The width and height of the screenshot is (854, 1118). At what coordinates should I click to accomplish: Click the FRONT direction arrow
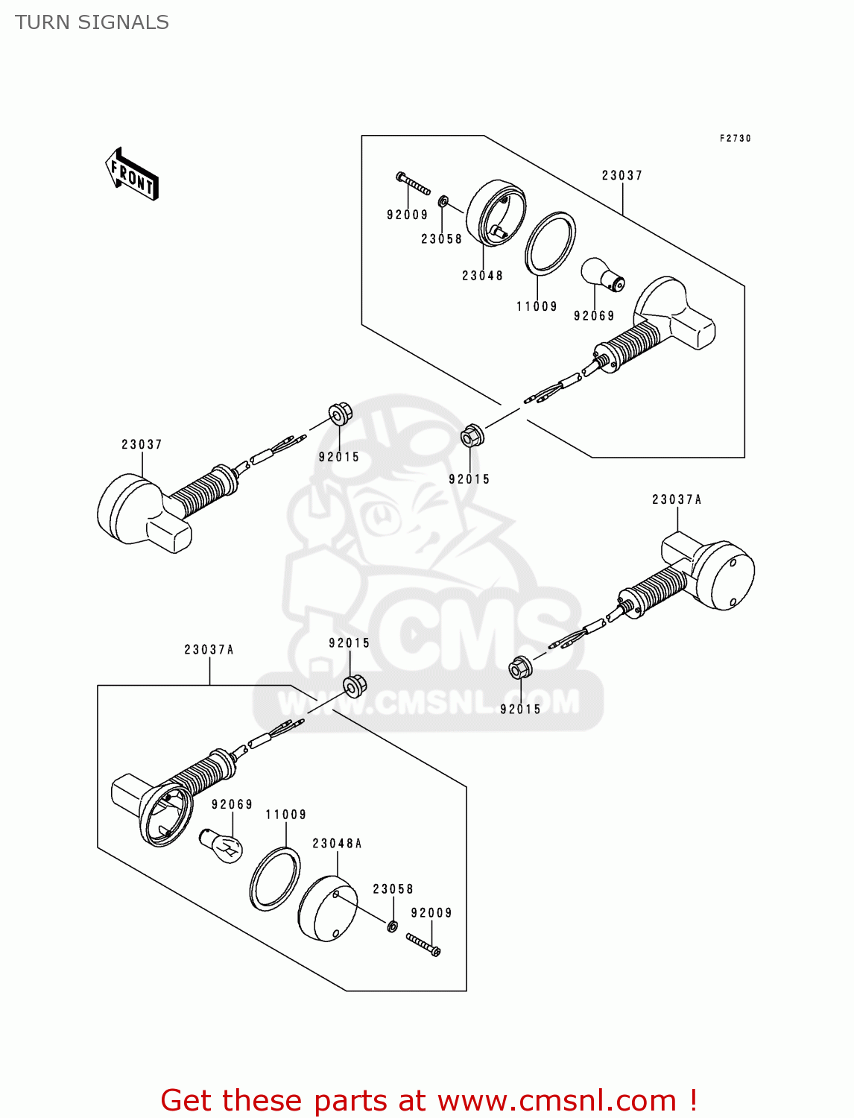(x=133, y=174)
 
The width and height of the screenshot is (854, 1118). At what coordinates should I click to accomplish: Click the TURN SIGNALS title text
(x=92, y=22)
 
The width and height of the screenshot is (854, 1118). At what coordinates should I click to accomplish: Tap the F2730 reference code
(x=735, y=139)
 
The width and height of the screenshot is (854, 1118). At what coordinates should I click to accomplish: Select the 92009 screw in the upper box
(x=413, y=183)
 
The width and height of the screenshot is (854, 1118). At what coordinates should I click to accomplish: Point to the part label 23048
(x=482, y=276)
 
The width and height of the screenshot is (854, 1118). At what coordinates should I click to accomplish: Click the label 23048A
(x=337, y=844)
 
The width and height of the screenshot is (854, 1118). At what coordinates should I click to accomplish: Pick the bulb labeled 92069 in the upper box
(x=602, y=275)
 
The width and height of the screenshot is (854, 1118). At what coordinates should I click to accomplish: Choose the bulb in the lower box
(x=221, y=846)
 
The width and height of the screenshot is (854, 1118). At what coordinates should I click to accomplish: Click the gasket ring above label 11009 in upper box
(x=550, y=243)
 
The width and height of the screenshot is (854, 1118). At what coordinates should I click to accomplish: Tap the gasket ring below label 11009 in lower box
(x=274, y=879)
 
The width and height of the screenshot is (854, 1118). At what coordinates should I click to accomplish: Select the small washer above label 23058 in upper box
(x=443, y=201)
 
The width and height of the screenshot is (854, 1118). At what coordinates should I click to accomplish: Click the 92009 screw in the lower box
(x=423, y=944)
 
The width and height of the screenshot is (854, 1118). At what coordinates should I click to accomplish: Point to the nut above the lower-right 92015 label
(x=519, y=668)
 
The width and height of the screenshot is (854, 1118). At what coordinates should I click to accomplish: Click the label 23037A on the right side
(x=677, y=500)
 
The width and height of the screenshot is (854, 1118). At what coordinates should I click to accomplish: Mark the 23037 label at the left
(x=142, y=445)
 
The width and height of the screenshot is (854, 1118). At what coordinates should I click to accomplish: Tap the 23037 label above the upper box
(x=622, y=176)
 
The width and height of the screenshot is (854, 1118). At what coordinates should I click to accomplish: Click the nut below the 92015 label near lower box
(x=355, y=684)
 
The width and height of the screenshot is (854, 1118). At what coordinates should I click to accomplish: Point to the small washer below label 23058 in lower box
(x=392, y=926)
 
